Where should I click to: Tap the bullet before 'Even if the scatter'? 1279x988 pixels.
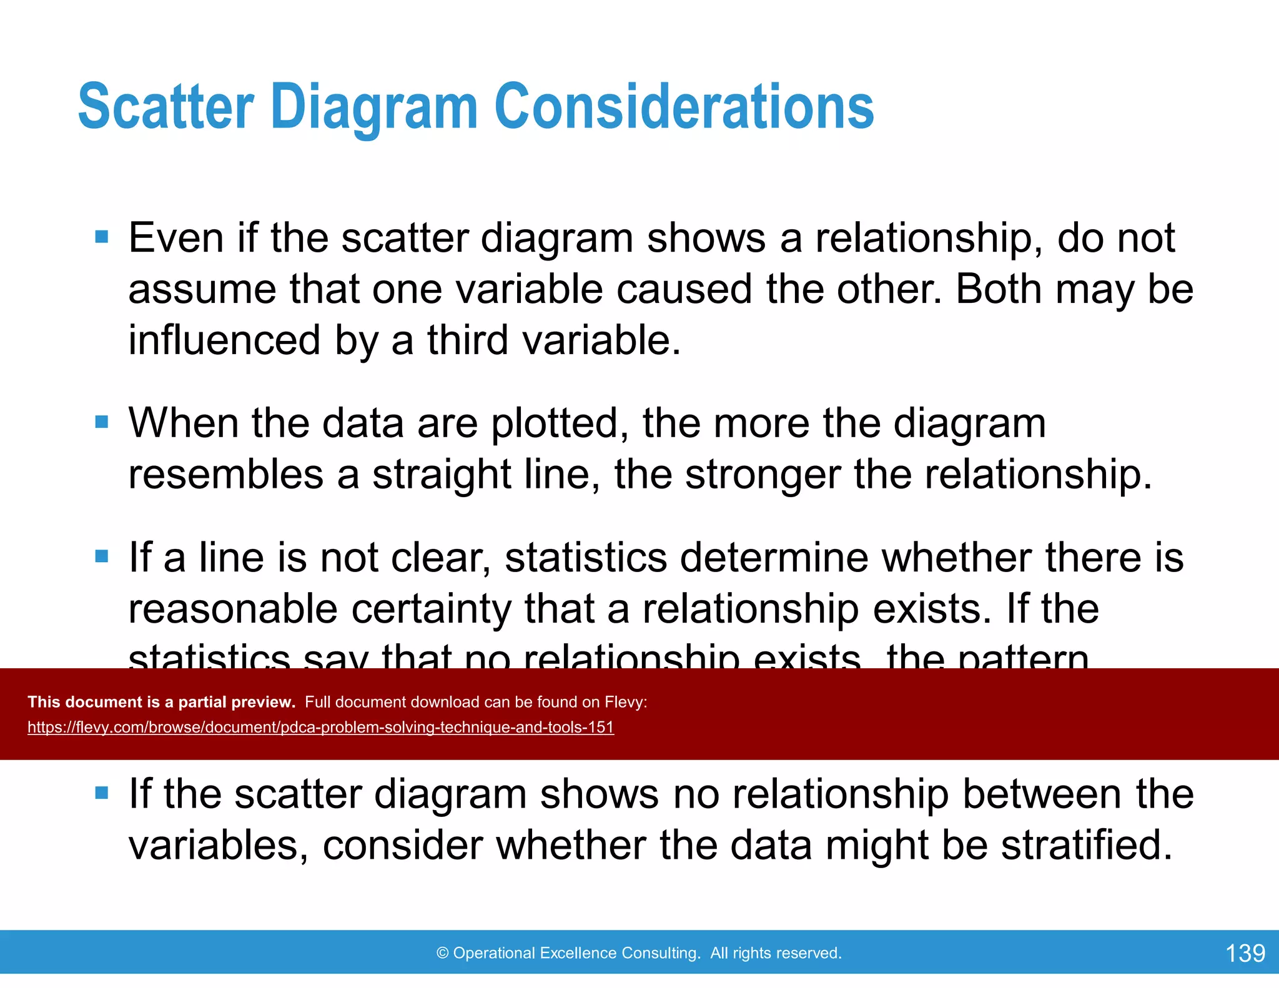tap(102, 237)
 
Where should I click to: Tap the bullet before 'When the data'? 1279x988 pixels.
tap(102, 422)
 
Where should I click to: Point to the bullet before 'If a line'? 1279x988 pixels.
tap(102, 556)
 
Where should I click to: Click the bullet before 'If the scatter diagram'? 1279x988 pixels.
tap(102, 793)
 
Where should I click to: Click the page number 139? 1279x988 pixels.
tap(1245, 953)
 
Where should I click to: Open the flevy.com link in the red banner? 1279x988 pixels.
tap(320, 728)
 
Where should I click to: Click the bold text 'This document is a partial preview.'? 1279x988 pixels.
tap(161, 702)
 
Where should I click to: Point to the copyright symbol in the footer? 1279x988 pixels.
tap(443, 953)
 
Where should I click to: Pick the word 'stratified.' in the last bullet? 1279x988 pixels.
tap(1087, 845)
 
